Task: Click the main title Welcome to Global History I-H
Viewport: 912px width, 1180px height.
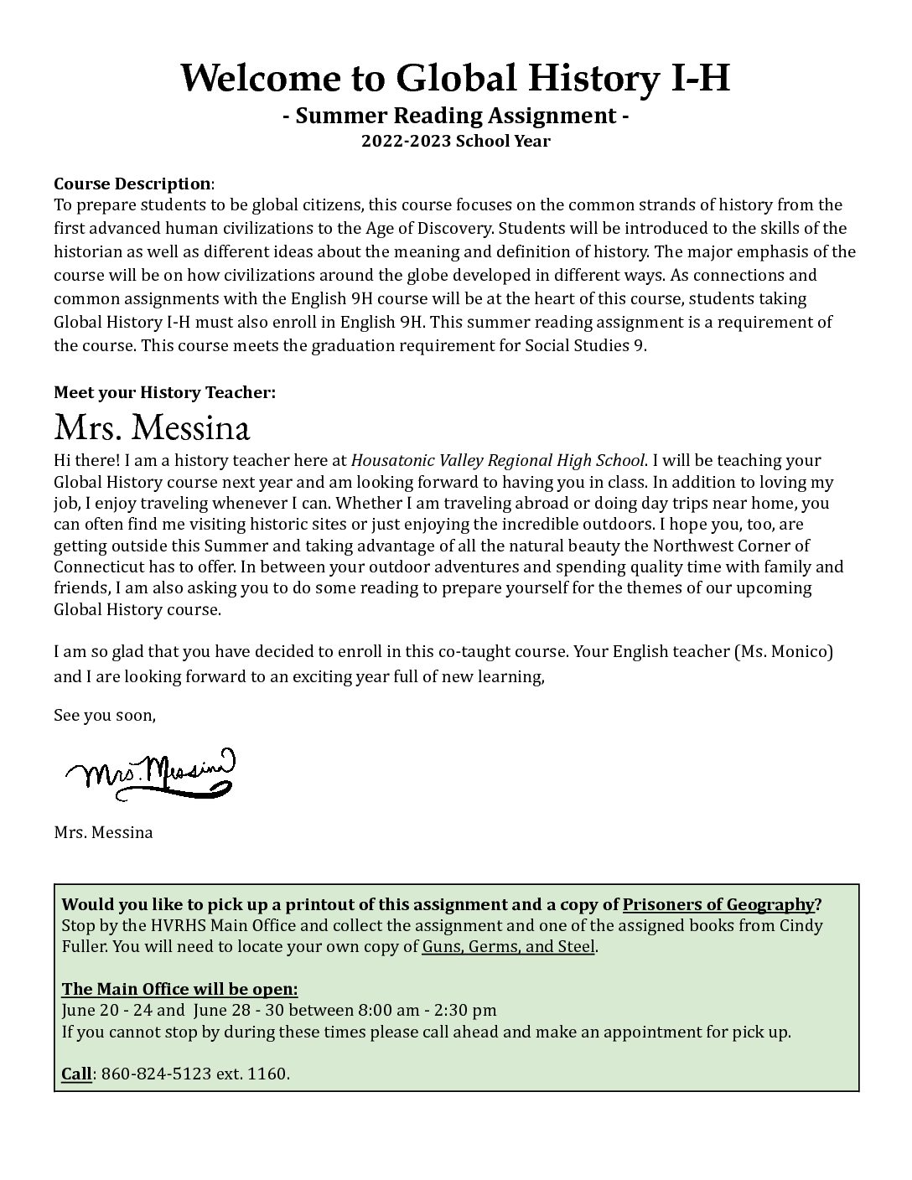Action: point(455,79)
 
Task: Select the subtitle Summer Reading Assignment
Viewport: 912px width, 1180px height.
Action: point(455,116)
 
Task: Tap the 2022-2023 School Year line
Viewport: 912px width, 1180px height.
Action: point(455,141)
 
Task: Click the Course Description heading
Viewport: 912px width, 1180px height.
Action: point(132,184)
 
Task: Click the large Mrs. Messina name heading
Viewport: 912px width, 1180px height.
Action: point(152,428)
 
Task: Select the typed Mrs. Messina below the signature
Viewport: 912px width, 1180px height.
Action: point(103,833)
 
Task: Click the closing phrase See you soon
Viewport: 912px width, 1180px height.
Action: point(104,716)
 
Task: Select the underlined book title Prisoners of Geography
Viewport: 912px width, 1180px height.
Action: point(718,904)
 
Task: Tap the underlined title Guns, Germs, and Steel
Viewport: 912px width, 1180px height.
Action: point(508,947)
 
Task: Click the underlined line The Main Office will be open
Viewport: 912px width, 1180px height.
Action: point(179,989)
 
